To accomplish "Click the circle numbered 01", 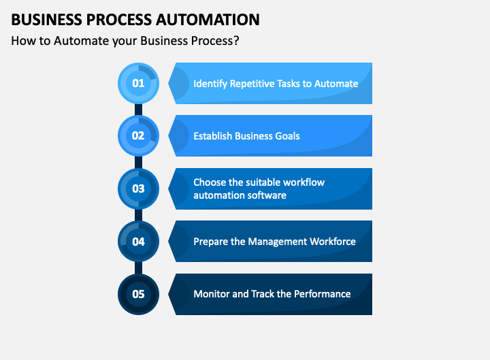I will pyautogui.click(x=138, y=83).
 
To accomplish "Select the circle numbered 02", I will pyautogui.click(x=138, y=135).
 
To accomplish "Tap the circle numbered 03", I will pyautogui.click(x=138, y=189).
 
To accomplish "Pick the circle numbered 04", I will pyautogui.click(x=138, y=241).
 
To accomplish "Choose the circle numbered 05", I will pyautogui.click(x=138, y=294).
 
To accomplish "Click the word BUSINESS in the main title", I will pyautogui.click(x=43, y=19).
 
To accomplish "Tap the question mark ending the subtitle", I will pyautogui.click(x=236, y=40).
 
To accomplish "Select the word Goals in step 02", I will pyautogui.click(x=286, y=136).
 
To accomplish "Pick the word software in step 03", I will pyautogui.click(x=266, y=195).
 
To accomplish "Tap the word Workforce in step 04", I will pyautogui.click(x=331, y=242).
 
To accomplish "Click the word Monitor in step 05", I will pyautogui.click(x=211, y=294).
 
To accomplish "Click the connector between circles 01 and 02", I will pyautogui.click(x=138, y=109).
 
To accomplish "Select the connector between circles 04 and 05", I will pyautogui.click(x=138, y=267).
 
